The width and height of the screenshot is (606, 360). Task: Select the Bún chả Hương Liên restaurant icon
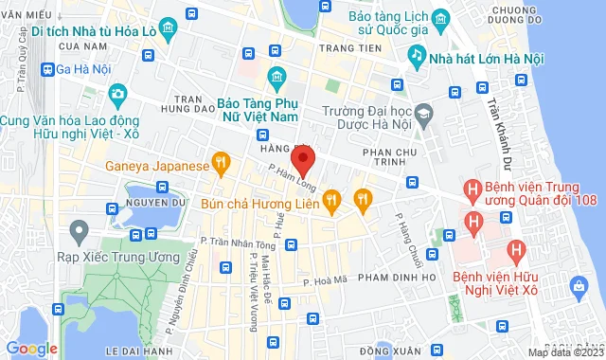pos(330,199)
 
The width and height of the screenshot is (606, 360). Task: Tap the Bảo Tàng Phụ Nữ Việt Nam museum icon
pos(276,76)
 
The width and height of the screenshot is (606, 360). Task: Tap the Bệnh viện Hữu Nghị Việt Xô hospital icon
pos(516,251)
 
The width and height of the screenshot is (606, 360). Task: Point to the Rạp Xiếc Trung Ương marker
pos(79,229)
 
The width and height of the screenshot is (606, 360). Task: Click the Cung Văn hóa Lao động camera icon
pos(117,94)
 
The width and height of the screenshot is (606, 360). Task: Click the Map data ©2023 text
pos(563,353)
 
